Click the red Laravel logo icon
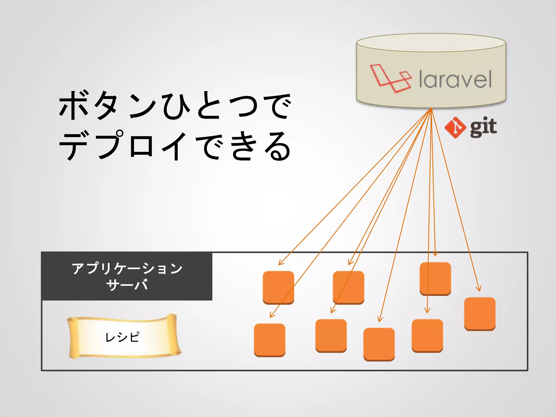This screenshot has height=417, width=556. [x=390, y=78]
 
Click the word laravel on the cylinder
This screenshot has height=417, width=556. [x=455, y=79]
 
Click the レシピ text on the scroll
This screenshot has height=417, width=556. [x=122, y=337]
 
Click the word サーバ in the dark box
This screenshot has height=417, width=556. [x=127, y=285]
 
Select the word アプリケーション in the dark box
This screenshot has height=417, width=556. [x=127, y=268]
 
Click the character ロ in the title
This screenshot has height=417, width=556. [x=141, y=145]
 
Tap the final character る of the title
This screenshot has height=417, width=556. [x=278, y=146]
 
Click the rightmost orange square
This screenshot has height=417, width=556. [x=480, y=314]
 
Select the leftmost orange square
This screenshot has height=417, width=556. [x=270, y=340]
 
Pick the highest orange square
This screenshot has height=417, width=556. [x=435, y=279]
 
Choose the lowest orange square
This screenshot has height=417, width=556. [x=379, y=344]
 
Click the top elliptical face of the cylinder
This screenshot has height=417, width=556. [x=431, y=43]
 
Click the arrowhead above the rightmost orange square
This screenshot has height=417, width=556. [x=479, y=289]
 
